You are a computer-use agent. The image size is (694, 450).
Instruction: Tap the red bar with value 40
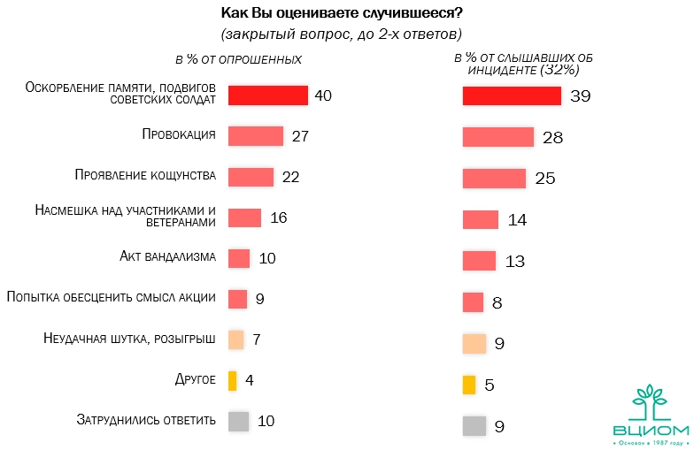tap(267, 95)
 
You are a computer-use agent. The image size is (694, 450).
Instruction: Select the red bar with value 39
tap(512, 95)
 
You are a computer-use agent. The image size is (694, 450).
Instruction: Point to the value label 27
tap(298, 136)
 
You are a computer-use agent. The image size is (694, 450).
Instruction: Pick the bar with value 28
tap(498, 137)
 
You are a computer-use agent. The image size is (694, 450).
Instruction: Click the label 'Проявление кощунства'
tap(145, 176)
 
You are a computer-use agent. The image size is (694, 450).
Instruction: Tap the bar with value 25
tap(495, 178)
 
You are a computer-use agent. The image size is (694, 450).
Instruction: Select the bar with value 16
tap(244, 217)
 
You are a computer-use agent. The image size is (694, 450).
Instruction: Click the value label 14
tap(517, 220)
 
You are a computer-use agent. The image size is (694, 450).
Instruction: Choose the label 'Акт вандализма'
tap(168, 257)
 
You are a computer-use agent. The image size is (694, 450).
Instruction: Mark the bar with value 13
tap(479, 261)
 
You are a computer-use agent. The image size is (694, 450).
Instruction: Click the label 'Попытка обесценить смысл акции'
tap(111, 298)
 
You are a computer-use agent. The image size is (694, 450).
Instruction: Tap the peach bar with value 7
tap(235, 339)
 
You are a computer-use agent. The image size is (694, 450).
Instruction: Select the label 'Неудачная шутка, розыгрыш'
tap(129, 339)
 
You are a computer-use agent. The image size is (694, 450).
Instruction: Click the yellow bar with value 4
tap(232, 380)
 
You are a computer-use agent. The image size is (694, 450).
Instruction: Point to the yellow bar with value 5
tap(469, 385)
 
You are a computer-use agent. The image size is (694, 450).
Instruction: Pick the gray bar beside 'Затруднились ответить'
tap(238, 421)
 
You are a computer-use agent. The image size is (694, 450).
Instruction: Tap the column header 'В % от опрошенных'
tap(239, 59)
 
